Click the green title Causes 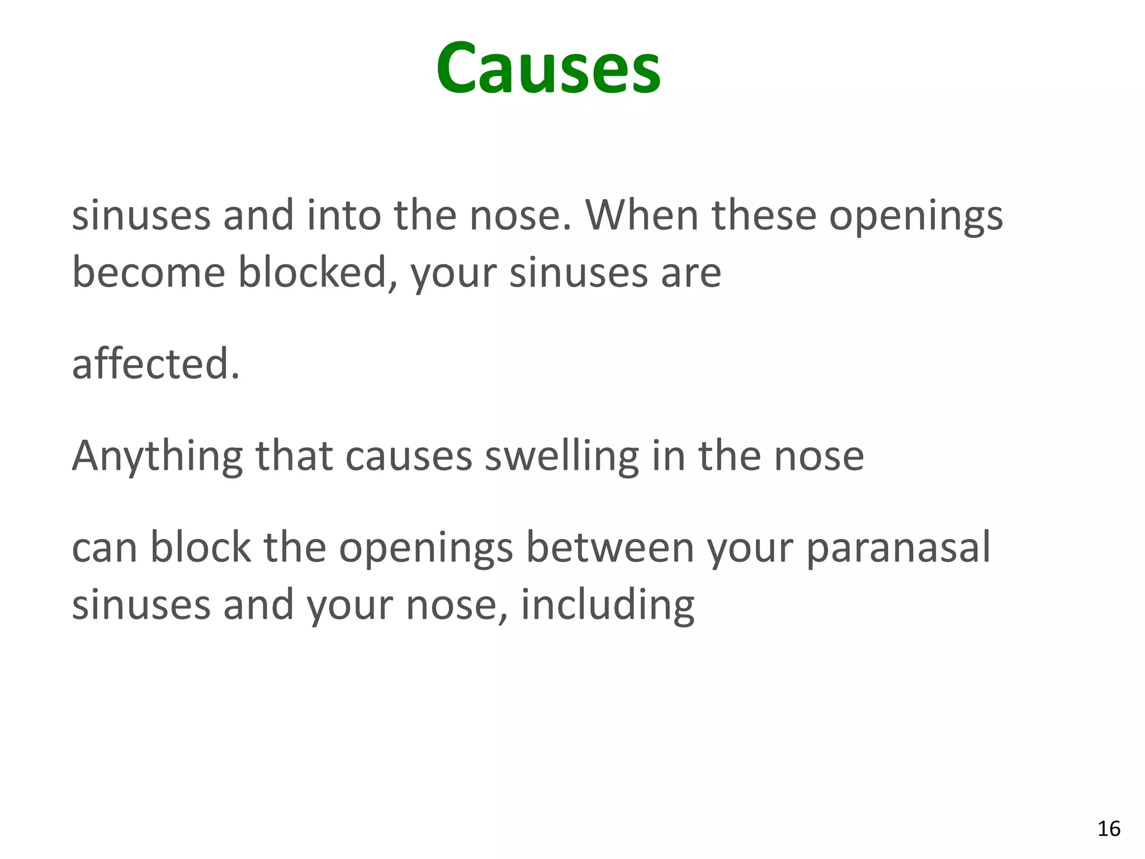click(548, 69)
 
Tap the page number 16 click(1109, 829)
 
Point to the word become click(149, 272)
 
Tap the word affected click(155, 364)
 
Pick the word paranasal click(898, 548)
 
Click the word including click(608, 606)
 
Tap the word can click(105, 548)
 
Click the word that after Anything click(294, 456)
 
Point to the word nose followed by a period click(520, 216)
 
